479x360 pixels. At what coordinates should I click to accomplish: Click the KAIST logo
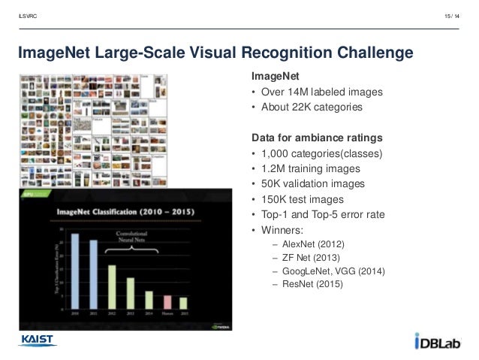point(38,340)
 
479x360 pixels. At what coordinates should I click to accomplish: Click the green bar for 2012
point(112,282)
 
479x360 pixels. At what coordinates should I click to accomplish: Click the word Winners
point(282,229)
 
